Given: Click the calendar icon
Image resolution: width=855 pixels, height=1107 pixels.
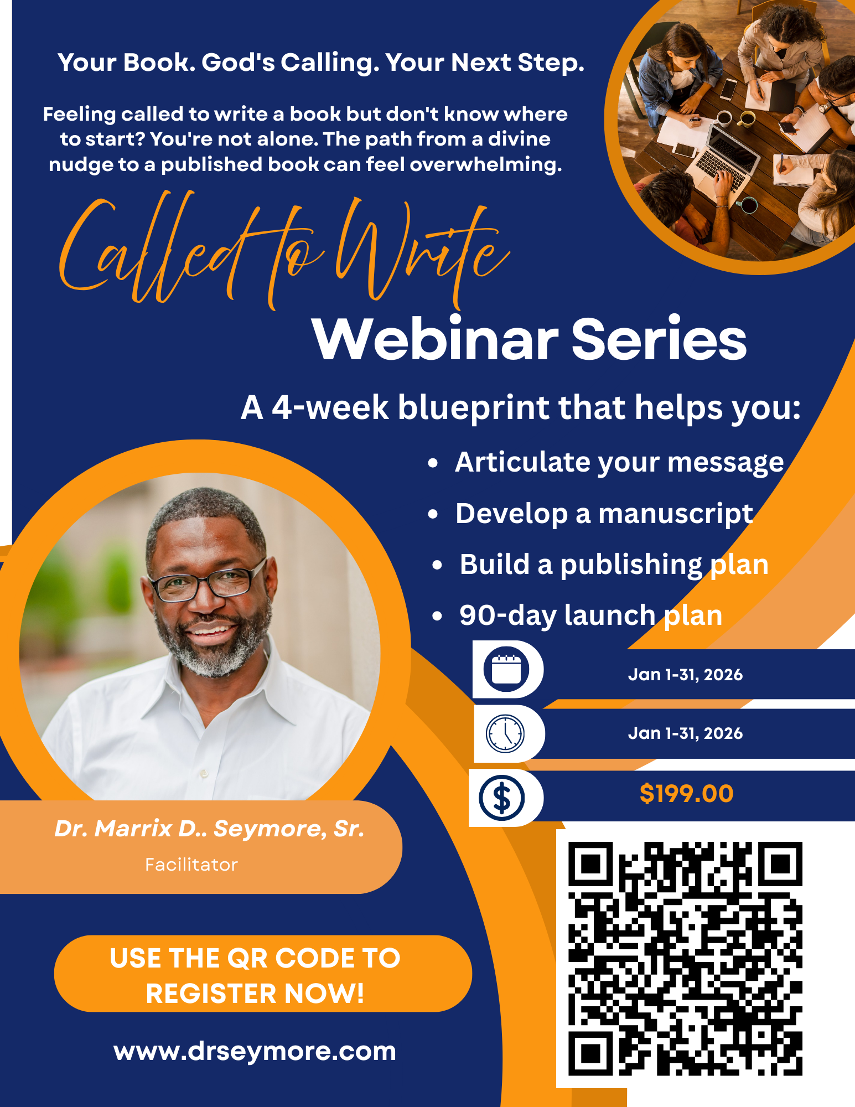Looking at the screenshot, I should pyautogui.click(x=506, y=669).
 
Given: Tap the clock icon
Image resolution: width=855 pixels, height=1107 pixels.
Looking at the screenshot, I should pyautogui.click(x=505, y=733).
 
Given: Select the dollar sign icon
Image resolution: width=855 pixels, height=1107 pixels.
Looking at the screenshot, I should pyautogui.click(x=501, y=798).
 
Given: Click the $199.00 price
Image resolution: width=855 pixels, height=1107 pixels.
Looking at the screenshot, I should pyautogui.click(x=686, y=794).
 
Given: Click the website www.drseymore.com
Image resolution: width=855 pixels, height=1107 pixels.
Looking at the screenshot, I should pyautogui.click(x=255, y=1051).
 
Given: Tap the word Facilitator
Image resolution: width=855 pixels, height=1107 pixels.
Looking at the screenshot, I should pyautogui.click(x=191, y=865).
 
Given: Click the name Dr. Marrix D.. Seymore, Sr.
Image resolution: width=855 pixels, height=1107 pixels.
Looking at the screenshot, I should pyautogui.click(x=209, y=829).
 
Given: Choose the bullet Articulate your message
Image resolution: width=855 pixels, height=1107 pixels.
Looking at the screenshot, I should pyautogui.click(x=619, y=462).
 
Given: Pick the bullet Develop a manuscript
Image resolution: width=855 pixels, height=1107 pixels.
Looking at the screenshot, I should pyautogui.click(x=604, y=514).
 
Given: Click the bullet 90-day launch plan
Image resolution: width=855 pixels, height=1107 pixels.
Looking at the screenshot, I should pyautogui.click(x=590, y=615).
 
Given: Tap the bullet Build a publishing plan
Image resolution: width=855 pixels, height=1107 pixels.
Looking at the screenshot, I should pyautogui.click(x=614, y=565).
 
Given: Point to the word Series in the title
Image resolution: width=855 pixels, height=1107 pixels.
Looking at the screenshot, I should pyautogui.click(x=659, y=339).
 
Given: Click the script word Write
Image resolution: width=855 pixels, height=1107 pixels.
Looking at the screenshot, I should pyautogui.click(x=421, y=252).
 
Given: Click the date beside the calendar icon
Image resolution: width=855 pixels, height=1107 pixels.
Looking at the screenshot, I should pyautogui.click(x=685, y=675).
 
